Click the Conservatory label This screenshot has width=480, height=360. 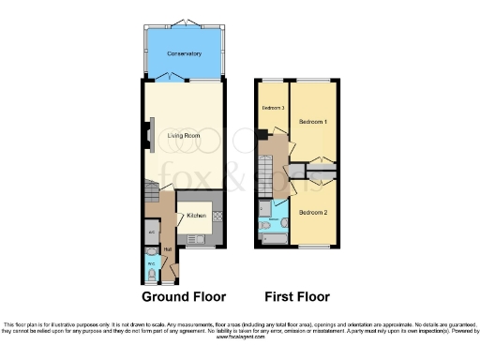coord(185,53)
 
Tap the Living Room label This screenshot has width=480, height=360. coord(185,137)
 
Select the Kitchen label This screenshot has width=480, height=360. coord(196,217)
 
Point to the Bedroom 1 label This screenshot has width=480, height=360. coord(313,122)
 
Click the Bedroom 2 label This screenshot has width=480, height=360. coord(313,212)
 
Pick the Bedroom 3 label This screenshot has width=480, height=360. coord(272,108)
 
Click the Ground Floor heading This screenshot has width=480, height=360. coord(184,296)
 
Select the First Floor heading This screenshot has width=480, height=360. coord(297,296)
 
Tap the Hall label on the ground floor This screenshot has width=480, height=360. coord(167,248)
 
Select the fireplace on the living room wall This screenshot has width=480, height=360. coord(147,136)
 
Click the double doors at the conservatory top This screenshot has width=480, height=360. coord(185,22)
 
